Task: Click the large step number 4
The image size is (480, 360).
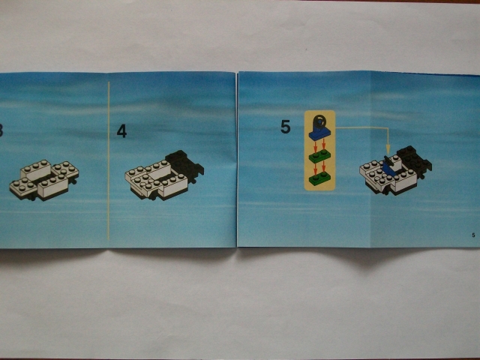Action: click(x=121, y=131)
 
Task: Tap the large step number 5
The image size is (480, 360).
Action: click(x=285, y=127)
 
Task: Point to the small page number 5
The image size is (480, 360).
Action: click(x=473, y=235)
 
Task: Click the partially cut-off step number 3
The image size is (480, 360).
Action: click(x=1, y=130)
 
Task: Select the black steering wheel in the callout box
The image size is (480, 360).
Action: click(x=319, y=121)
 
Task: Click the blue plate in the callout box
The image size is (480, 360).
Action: click(x=320, y=134)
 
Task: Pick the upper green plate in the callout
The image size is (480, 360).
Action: click(x=320, y=156)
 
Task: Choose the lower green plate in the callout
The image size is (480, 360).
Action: click(x=320, y=178)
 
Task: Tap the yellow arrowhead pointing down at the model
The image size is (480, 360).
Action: click(x=388, y=150)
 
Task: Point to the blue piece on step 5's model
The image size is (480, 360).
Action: click(x=388, y=169)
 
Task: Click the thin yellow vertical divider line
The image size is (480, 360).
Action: click(x=108, y=160)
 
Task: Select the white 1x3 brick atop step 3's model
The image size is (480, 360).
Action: click(x=36, y=170)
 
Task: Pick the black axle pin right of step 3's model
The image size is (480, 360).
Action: click(x=73, y=181)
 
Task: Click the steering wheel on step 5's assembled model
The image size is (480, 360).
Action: click(x=387, y=160)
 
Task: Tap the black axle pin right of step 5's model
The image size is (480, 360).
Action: click(x=423, y=177)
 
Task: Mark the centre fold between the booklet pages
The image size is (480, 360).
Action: click(x=237, y=159)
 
